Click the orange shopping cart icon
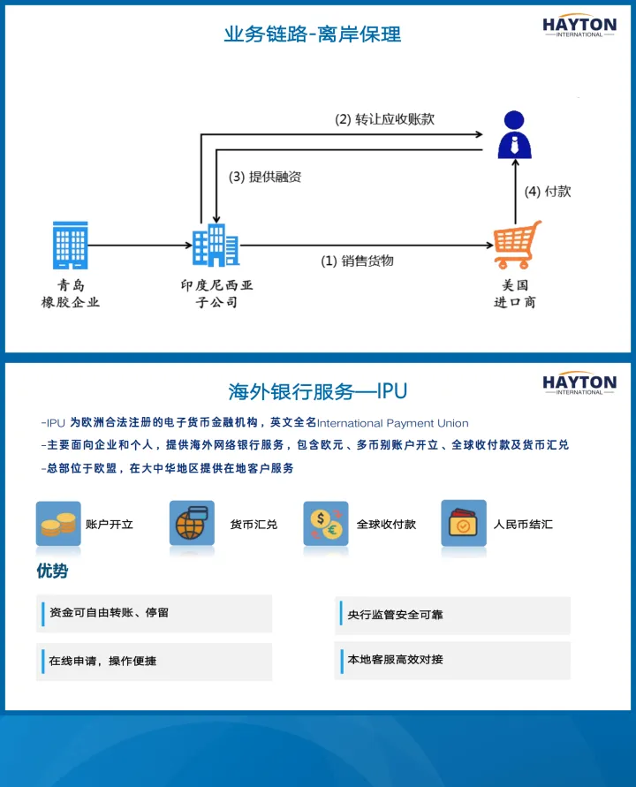point(517,245)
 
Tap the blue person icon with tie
point(515,134)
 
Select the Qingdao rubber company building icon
point(71,245)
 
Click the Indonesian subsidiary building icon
point(216,245)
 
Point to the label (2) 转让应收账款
point(384,119)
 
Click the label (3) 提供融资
point(265,177)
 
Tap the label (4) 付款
point(548,191)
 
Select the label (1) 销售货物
point(357,261)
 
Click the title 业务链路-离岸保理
point(313,34)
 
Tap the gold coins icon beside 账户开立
point(58,525)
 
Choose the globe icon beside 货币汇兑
point(192,525)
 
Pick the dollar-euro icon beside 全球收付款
point(326,525)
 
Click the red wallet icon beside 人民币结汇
point(463,525)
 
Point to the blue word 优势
point(52,571)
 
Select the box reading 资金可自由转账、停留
point(155,613)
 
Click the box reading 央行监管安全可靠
point(453,615)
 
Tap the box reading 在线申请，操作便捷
point(155,661)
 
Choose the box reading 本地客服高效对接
point(453,660)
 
